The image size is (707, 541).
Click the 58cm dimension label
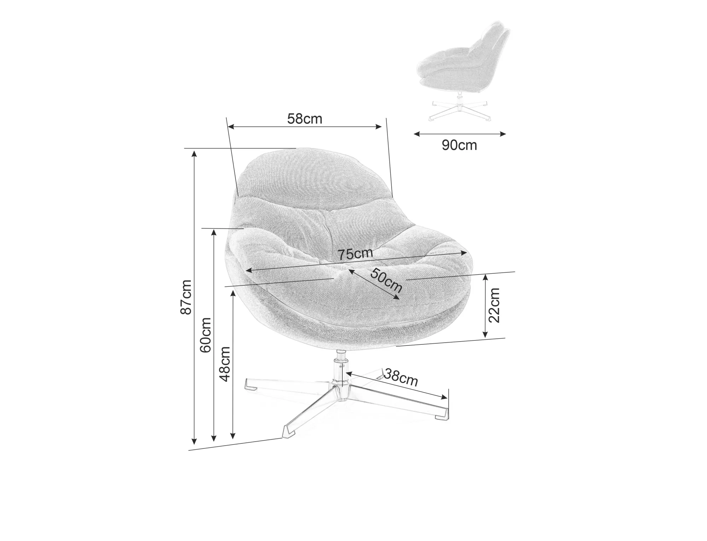coord(304,119)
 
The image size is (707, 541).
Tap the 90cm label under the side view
coord(459,145)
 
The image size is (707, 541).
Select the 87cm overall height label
coord(186,297)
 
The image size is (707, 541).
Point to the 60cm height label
coord(205,335)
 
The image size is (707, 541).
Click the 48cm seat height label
coord(225,364)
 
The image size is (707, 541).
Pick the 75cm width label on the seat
coord(355,254)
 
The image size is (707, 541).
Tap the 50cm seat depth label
coord(386,280)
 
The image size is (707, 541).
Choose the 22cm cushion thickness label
coord(494,305)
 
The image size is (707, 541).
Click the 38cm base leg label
coord(401,377)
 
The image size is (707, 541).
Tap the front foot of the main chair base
coord(289,432)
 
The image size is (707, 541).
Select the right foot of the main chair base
coord(442,414)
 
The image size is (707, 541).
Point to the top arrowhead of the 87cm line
coord(194,154)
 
